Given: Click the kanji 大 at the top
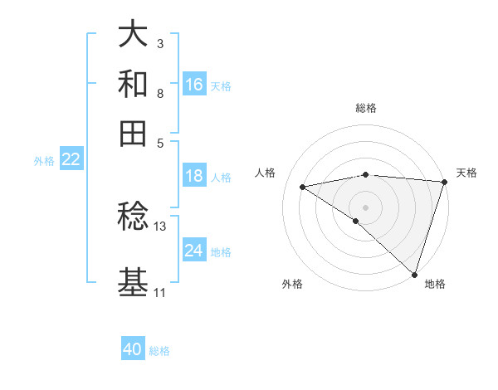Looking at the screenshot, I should (x=133, y=36).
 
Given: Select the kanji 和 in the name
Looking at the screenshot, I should (x=133, y=84).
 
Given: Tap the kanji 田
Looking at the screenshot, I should (x=133, y=132).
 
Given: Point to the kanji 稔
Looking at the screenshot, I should (x=133, y=217).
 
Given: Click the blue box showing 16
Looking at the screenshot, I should (x=194, y=85).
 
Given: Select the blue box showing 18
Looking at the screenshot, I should (x=194, y=176).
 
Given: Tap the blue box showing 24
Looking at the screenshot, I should (x=194, y=251).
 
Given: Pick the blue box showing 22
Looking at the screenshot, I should (x=71, y=159).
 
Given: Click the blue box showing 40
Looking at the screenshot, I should (x=133, y=349).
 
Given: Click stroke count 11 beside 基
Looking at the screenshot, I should (x=159, y=293).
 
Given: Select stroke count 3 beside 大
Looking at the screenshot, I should (x=159, y=43).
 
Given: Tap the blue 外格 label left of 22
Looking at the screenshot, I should (x=43, y=161).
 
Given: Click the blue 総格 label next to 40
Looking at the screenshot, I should (x=159, y=351).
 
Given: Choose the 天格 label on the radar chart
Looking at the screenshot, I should (x=466, y=173).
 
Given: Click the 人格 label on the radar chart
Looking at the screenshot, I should (x=266, y=173).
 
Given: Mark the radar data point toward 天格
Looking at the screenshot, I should (x=444, y=183).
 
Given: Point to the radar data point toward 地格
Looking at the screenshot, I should (x=414, y=274).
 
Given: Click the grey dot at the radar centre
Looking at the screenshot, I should (x=365, y=207).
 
